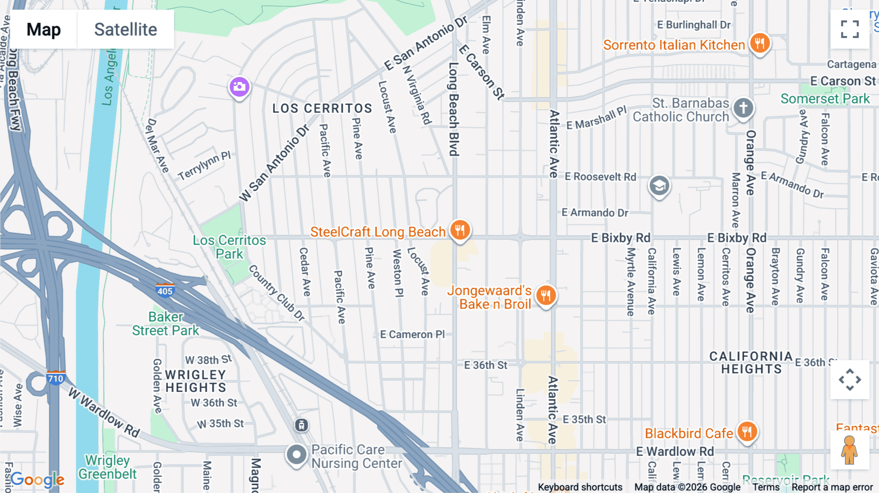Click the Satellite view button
[126, 30]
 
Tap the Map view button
[44, 30]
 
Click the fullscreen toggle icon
[850, 29]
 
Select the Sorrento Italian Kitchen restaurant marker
[759, 43]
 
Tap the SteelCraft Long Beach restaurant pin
[460, 229]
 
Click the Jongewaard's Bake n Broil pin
[546, 295]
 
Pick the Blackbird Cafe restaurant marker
[747, 431]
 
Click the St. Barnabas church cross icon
[743, 107]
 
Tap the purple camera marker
[239, 87]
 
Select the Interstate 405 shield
[165, 291]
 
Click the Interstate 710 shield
[56, 378]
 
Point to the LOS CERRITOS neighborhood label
[322, 108]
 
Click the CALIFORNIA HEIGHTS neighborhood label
[751, 363]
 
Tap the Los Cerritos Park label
[230, 247]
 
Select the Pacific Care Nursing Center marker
[296, 454]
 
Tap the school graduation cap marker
[659, 185]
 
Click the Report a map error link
[832, 487]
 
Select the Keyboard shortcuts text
[580, 487]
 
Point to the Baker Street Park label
[166, 324]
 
